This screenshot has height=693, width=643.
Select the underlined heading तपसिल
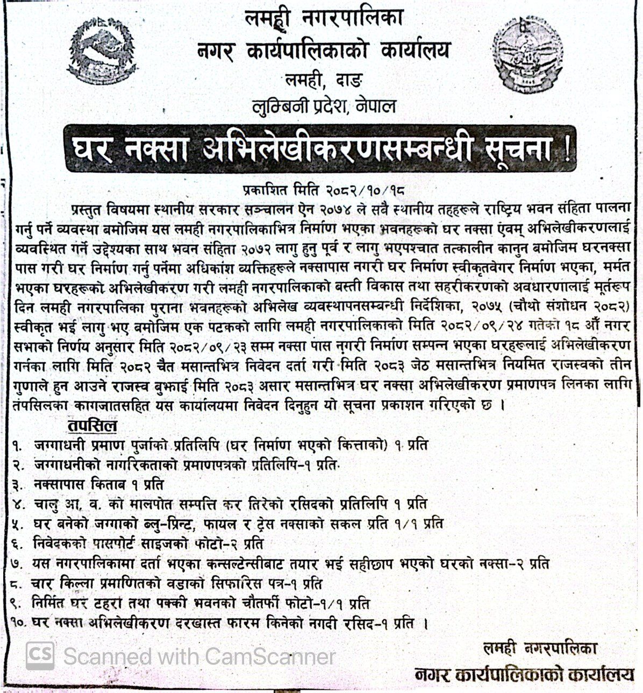click(x=92, y=427)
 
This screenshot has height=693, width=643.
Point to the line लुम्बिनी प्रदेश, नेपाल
click(x=324, y=107)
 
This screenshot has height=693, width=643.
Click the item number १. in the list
click(x=19, y=446)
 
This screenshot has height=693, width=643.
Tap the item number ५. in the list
click(x=19, y=523)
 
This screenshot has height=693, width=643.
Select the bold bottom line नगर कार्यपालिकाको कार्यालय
click(x=524, y=674)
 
